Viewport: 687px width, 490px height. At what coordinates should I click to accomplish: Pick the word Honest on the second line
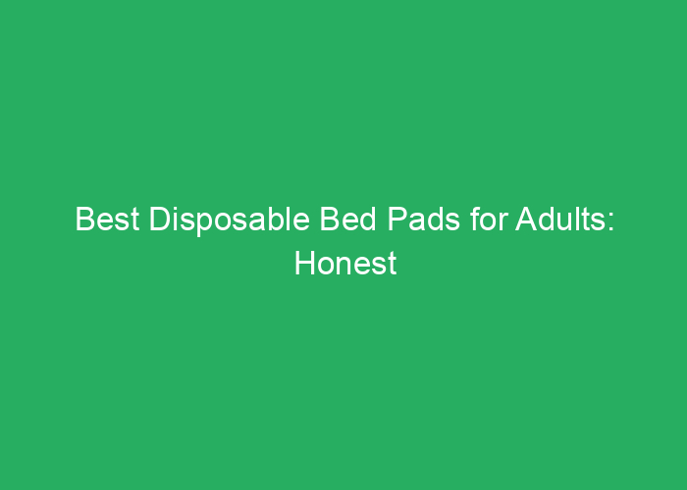[343, 264]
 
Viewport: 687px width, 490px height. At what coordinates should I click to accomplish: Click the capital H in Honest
[303, 264]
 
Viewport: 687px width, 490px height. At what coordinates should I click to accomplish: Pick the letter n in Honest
[342, 266]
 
